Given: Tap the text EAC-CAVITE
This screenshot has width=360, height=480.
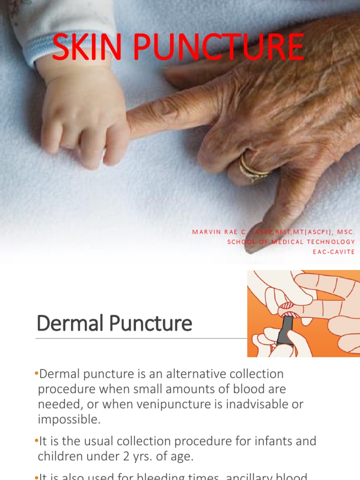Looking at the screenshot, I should [x=334, y=252].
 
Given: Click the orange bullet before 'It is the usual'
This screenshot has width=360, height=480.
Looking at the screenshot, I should [x=37, y=441].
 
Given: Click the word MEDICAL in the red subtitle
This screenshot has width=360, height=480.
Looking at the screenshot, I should [x=279, y=242].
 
